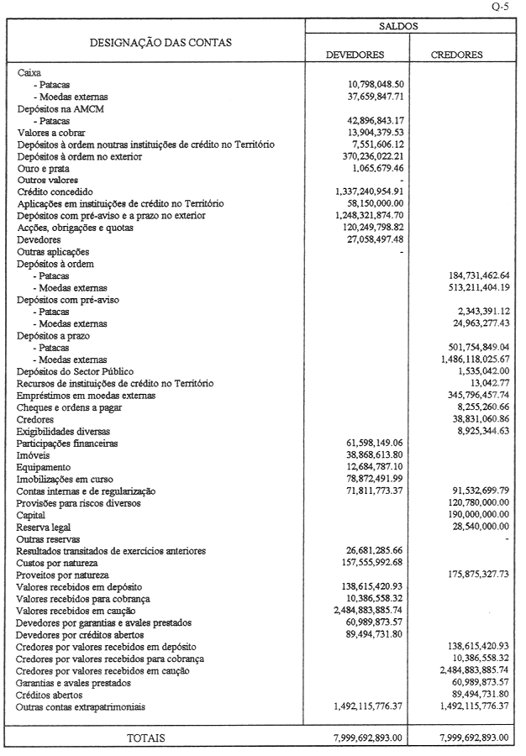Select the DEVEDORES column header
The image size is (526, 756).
pyautogui.click(x=355, y=55)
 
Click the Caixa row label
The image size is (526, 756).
pyautogui.click(x=29, y=73)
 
